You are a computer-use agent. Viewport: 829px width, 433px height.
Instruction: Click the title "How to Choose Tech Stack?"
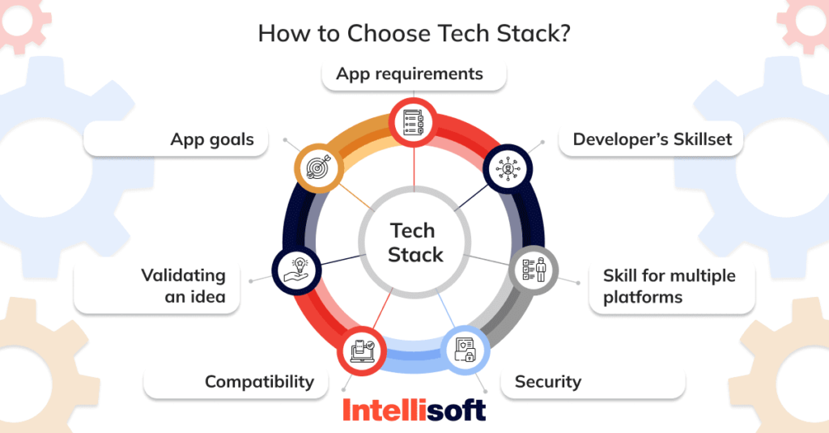414,34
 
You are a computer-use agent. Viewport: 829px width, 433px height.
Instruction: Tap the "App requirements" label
410,74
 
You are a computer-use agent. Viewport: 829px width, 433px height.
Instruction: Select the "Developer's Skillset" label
652,139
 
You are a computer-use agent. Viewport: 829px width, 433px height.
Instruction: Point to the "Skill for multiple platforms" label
669,286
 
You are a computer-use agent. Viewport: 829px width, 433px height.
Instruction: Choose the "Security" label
548,381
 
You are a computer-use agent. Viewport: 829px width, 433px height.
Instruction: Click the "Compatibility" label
259,381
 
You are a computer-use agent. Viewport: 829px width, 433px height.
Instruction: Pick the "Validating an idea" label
183,286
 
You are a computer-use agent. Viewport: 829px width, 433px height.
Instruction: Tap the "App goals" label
212,139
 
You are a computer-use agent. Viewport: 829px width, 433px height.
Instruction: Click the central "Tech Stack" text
414,242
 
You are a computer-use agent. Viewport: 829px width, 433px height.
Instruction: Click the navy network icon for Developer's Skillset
508,168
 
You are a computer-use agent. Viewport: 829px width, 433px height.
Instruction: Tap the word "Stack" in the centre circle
415,254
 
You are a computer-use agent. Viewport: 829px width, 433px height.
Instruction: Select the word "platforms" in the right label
643,297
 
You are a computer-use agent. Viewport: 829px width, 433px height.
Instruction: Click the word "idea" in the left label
206,297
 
